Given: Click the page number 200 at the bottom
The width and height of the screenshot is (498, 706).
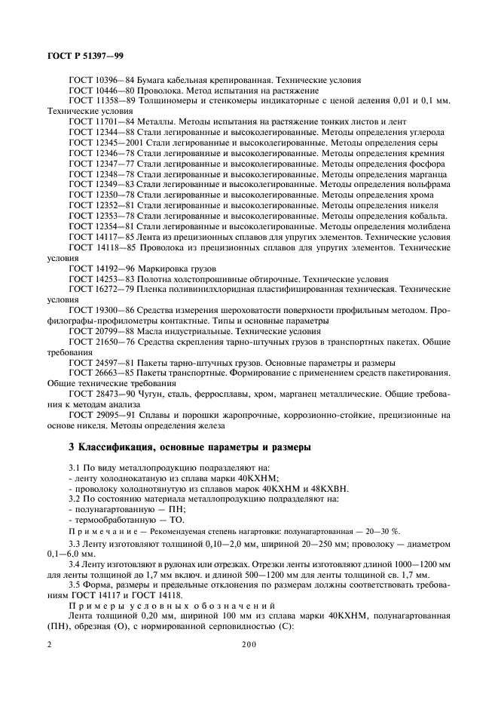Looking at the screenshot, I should [249, 644].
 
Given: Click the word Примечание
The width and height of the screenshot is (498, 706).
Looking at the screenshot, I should [99, 532].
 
